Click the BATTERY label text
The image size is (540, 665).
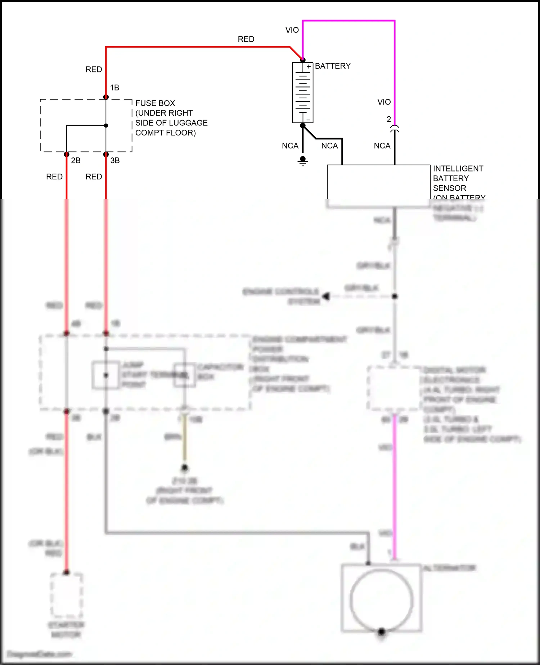(x=333, y=66)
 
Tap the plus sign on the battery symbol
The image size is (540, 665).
(x=309, y=67)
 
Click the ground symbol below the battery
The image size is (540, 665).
(x=303, y=161)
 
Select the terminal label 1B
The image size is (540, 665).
(x=114, y=88)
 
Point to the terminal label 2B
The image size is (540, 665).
(x=76, y=161)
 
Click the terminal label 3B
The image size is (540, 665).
(x=115, y=161)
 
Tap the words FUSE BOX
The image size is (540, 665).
(x=155, y=103)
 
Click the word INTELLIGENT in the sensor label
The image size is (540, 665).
(x=458, y=169)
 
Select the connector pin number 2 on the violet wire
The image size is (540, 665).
(x=389, y=119)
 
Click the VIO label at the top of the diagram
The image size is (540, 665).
(x=292, y=30)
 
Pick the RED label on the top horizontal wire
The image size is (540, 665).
(x=246, y=39)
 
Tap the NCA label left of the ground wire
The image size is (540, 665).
(x=290, y=146)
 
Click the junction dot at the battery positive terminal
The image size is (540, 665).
(x=303, y=60)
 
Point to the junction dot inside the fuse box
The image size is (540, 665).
(x=106, y=126)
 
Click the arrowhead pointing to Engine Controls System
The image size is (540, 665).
(x=326, y=296)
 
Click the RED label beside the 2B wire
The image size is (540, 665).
(x=54, y=177)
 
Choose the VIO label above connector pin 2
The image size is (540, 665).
(x=384, y=102)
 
